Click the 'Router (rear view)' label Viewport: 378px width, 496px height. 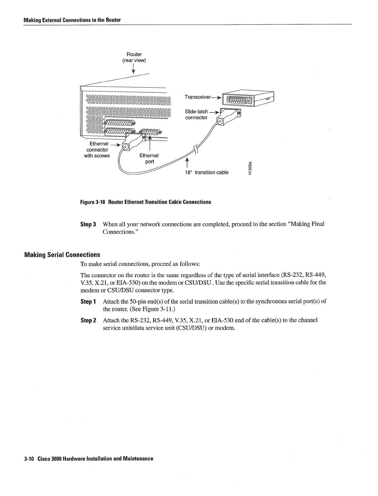click(134, 57)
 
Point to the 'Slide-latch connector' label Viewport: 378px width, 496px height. click(196, 114)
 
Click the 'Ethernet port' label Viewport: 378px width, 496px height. click(149, 158)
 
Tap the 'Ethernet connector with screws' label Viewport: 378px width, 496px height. click(97, 150)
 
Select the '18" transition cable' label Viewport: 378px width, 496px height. click(206, 173)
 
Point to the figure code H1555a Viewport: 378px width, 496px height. click(250, 169)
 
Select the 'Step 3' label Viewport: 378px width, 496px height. click(88, 225)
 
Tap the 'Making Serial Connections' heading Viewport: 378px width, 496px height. click(62, 255)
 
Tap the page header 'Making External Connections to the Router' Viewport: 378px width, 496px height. click(72, 20)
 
